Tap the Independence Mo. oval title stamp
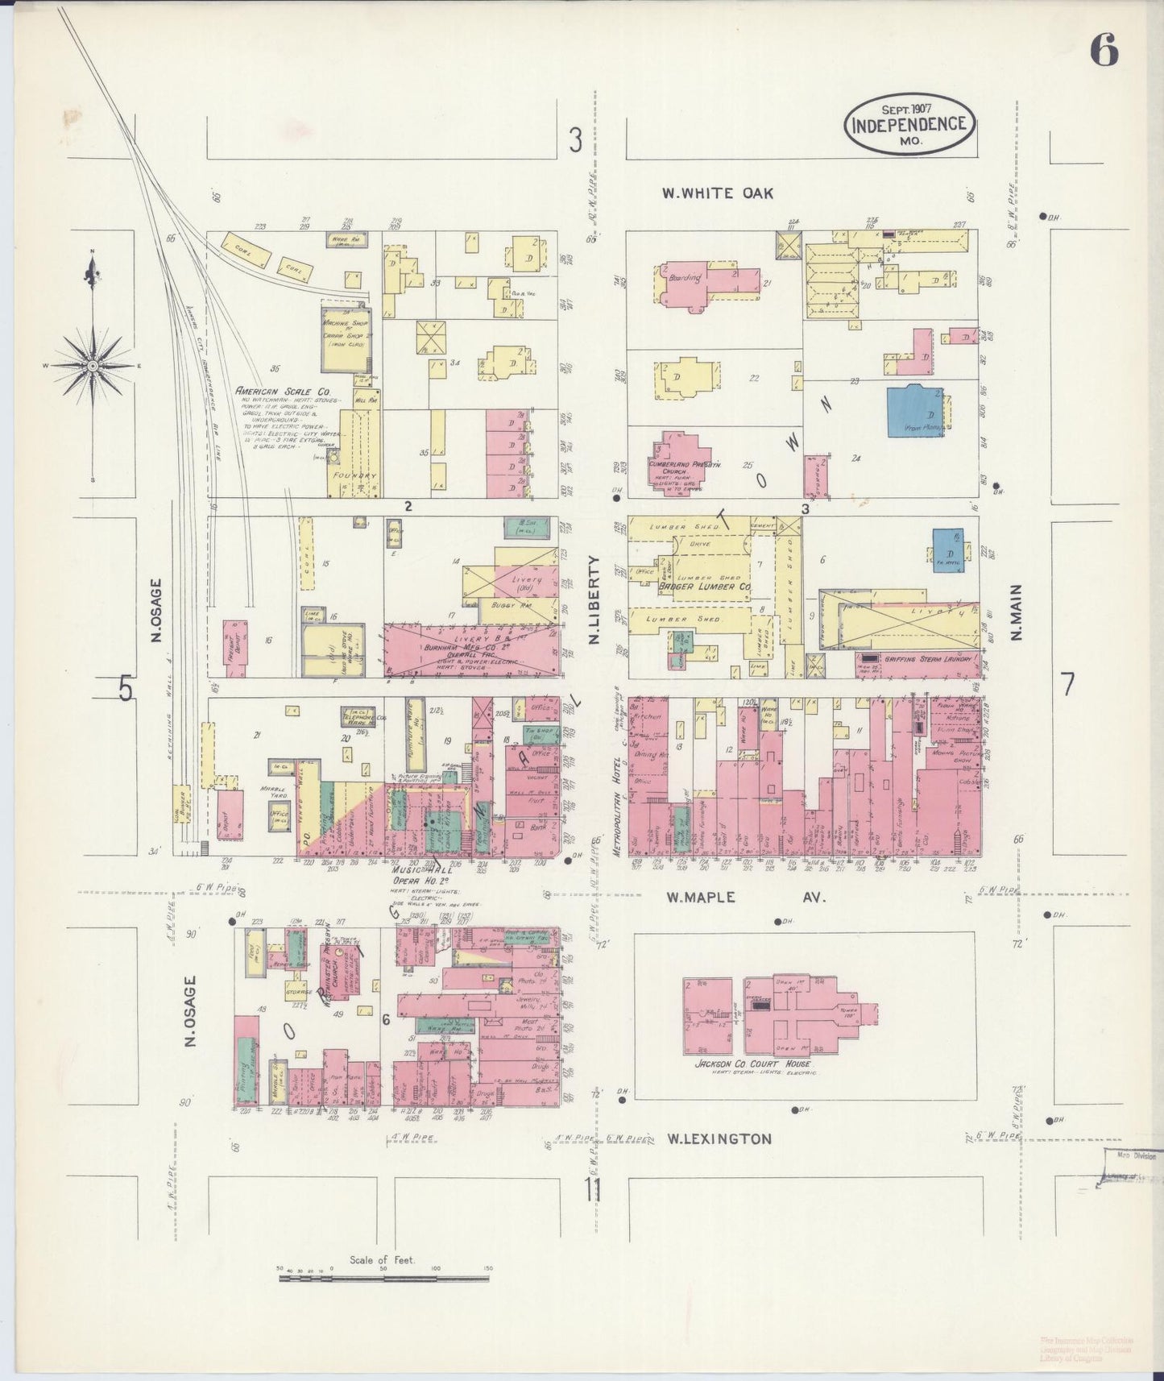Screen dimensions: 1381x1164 click(909, 124)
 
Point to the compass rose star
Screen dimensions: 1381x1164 click(93, 365)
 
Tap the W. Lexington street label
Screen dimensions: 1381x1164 click(719, 1138)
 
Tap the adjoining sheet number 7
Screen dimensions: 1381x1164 click(1067, 683)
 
